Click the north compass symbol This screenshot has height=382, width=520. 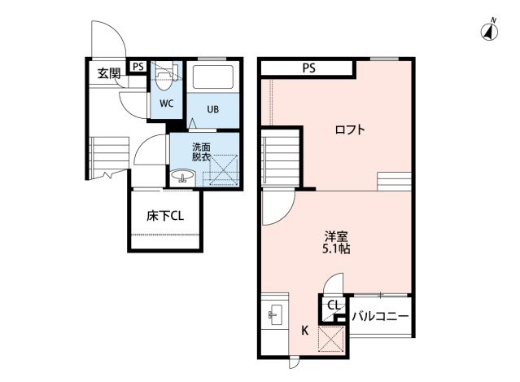point(491,32)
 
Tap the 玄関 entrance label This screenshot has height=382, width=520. point(109,73)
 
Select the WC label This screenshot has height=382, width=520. point(166,103)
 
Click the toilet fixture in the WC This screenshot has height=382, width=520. point(166,77)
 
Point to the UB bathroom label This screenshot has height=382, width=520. point(212,109)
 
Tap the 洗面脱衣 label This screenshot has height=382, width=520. point(200,152)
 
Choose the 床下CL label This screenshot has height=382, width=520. point(164,217)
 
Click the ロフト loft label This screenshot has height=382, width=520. point(350,130)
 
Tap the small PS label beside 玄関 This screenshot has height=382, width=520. point(138,67)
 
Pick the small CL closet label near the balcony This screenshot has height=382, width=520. point(334,305)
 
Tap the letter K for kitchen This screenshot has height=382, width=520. point(305,330)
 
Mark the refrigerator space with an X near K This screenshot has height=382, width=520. point(330,338)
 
